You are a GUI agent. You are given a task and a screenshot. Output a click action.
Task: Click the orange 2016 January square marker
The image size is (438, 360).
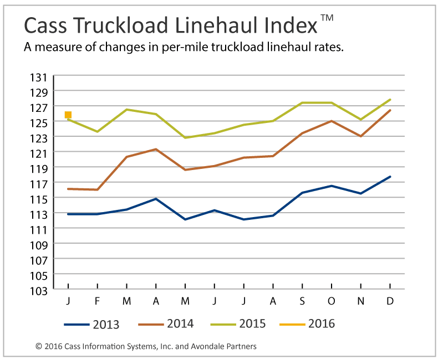click(x=68, y=115)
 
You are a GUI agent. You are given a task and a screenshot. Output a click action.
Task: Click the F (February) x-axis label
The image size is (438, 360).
click(x=98, y=301)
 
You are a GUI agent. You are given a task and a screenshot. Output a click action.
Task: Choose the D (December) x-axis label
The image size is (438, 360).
click(x=390, y=301)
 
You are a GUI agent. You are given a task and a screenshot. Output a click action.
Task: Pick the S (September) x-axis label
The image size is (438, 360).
click(x=302, y=301)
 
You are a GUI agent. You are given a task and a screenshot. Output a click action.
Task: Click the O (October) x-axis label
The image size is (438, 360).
click(x=332, y=301)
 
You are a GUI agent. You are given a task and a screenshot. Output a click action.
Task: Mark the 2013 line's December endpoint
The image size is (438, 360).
click(x=390, y=177)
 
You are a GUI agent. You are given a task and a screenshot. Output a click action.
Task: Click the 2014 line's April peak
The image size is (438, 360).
click(x=156, y=149)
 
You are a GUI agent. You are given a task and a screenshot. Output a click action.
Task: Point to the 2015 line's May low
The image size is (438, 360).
click(x=185, y=137)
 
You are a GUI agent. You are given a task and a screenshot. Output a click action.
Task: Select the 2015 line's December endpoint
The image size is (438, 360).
click(x=390, y=100)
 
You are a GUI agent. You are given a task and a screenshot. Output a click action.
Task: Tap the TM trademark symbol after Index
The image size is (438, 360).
click(x=327, y=18)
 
